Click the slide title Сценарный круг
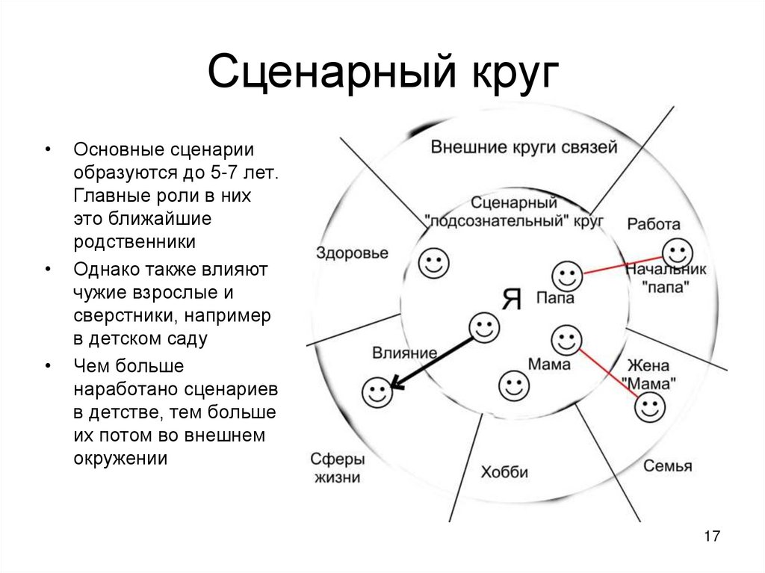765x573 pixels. pos(382,75)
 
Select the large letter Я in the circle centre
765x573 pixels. pos(511,299)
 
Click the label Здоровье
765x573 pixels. pos(352,253)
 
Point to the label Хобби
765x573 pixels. pos(504,472)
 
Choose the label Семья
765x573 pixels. pos(667,466)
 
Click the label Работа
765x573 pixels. pos(654,223)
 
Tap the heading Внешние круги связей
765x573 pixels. pos(524,147)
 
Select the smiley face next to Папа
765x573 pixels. pos(567,276)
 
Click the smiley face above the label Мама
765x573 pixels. pos(566,340)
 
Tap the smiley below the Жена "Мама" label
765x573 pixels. pos(649,408)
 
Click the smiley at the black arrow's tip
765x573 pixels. pos(376,392)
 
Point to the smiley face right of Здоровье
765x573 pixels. pos(433,261)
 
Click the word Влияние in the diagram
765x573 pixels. pos(403,352)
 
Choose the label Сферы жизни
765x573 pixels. pos(338,468)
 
